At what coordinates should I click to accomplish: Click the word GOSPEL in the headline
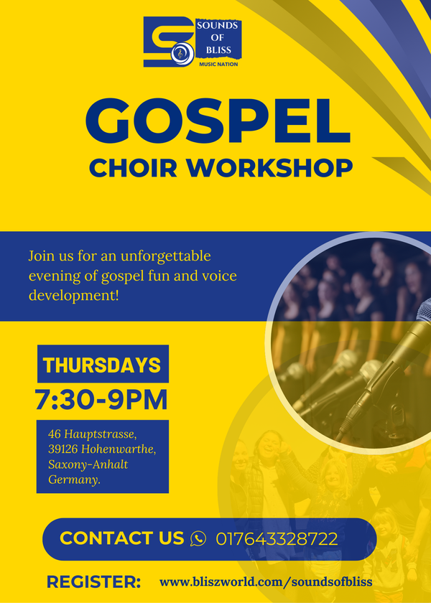click(x=218, y=121)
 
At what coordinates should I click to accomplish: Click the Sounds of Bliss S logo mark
click(x=169, y=42)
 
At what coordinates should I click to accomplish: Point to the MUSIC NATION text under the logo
click(x=218, y=64)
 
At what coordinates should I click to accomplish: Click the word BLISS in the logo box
click(x=218, y=50)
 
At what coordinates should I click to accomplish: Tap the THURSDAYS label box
click(x=103, y=364)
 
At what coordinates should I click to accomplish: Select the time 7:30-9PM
click(x=101, y=401)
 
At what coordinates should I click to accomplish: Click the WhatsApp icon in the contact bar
click(x=198, y=538)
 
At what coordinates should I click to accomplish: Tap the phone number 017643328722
click(x=277, y=539)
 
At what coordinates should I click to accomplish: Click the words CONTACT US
click(x=122, y=538)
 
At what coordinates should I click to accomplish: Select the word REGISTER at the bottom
click(x=93, y=582)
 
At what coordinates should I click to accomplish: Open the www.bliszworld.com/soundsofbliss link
click(x=266, y=582)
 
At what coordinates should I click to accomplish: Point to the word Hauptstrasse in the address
click(x=101, y=434)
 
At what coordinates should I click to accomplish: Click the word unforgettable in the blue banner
click(x=165, y=256)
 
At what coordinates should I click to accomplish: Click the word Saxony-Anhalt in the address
click(x=88, y=465)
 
